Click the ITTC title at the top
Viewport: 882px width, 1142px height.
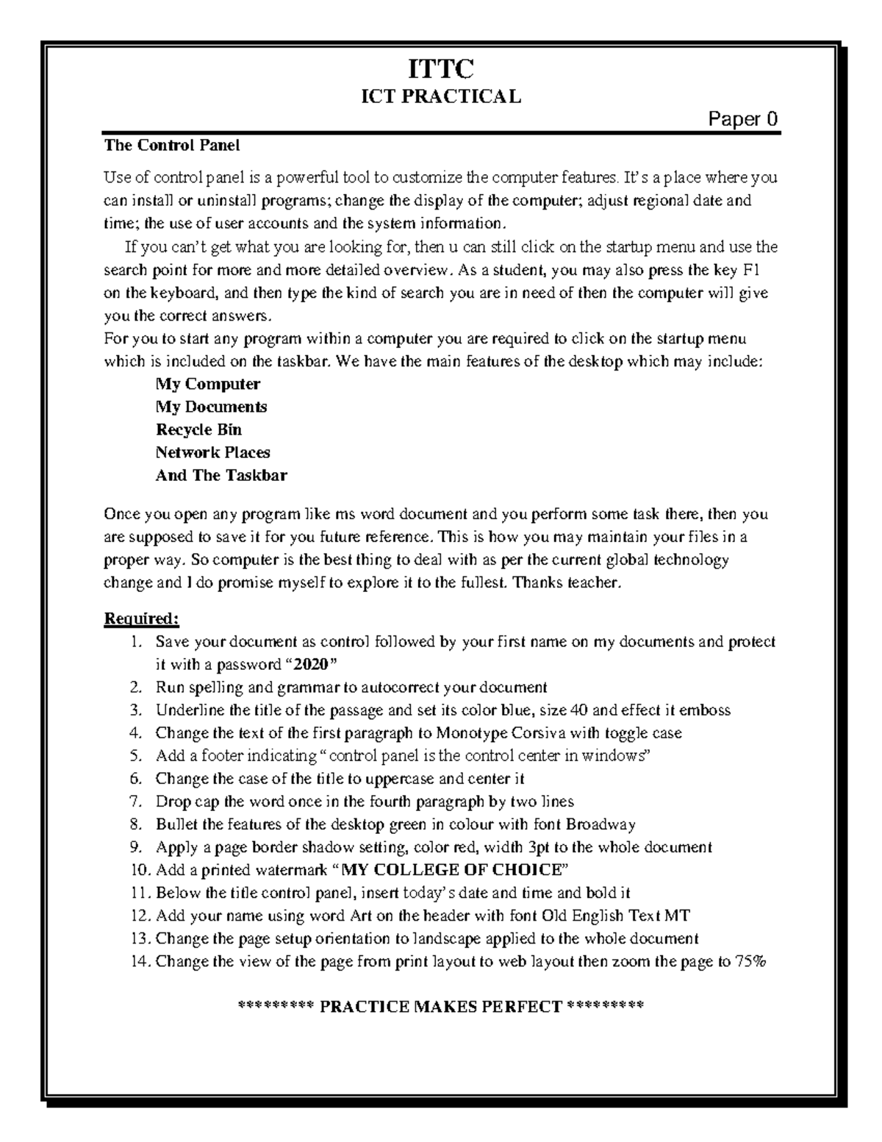tap(441, 70)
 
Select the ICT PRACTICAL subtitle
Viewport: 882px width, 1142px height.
tap(440, 96)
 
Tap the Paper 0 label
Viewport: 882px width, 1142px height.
tap(742, 120)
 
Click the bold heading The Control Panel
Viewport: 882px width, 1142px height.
tap(172, 145)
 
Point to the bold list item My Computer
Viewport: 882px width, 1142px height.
tap(208, 384)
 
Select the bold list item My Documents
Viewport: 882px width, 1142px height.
tap(211, 407)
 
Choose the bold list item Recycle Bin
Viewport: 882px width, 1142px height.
tap(198, 429)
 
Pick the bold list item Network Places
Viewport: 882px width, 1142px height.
tap(212, 452)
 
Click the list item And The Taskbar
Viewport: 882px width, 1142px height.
tap(221, 475)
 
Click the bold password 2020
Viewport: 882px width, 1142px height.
tap(310, 665)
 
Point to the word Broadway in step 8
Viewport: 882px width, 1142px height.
tap(602, 824)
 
